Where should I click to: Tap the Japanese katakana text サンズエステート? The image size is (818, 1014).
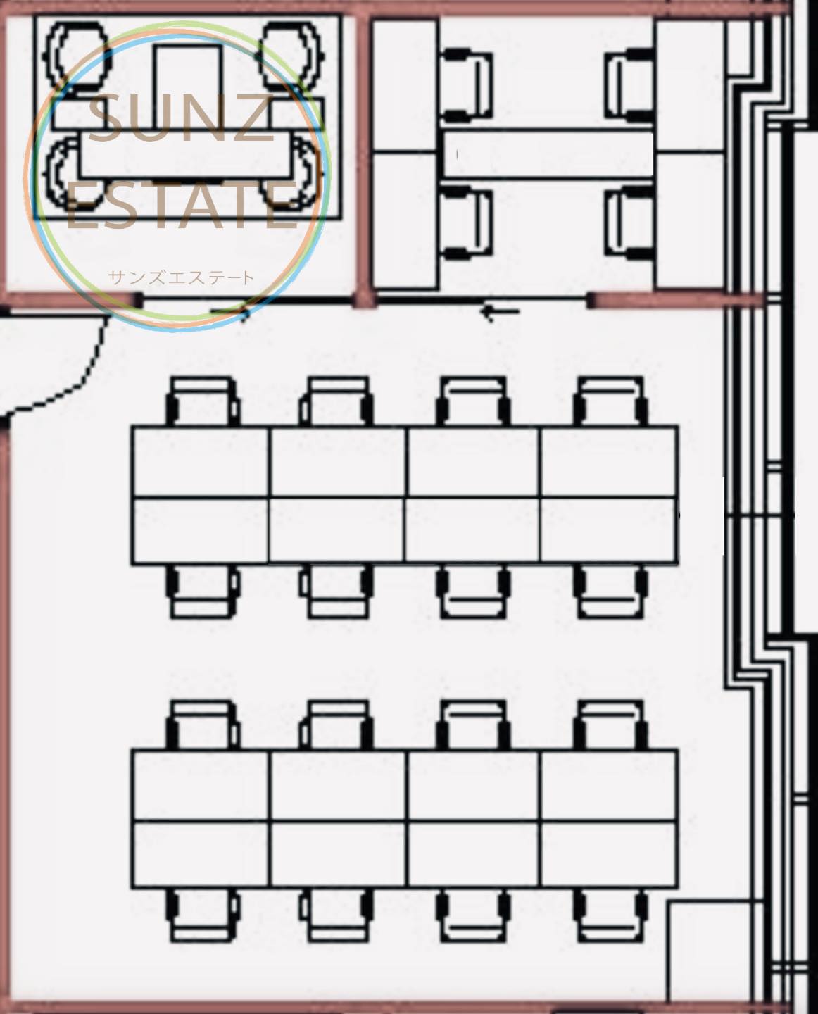[182, 277]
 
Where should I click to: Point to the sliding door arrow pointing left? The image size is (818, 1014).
[501, 311]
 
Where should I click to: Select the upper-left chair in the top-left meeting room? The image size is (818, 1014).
[76, 56]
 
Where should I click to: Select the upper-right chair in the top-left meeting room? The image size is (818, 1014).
[291, 56]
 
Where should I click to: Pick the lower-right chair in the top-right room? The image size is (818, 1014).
[630, 223]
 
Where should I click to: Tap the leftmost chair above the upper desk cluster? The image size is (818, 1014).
[203, 401]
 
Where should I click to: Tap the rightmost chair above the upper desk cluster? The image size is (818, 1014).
[610, 401]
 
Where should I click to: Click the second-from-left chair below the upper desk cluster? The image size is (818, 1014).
[336, 591]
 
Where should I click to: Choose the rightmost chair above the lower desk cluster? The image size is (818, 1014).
[610, 725]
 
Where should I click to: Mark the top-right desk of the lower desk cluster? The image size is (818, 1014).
[610, 785]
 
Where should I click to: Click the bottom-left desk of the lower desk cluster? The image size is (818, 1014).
[201, 855]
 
